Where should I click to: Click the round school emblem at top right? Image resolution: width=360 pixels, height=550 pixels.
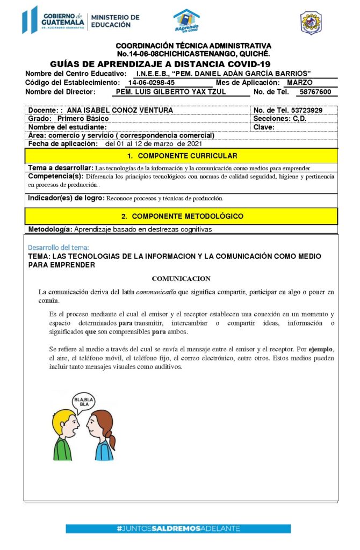311,23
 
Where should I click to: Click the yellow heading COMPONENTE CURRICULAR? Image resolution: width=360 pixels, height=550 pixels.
182,156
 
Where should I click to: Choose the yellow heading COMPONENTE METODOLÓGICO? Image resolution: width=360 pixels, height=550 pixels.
182,216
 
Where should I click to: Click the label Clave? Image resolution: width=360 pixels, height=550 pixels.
264,127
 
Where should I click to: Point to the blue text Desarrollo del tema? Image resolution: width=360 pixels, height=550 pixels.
59,248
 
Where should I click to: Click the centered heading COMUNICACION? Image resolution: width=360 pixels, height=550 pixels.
181,279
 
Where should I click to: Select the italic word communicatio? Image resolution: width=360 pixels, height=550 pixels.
156,292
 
